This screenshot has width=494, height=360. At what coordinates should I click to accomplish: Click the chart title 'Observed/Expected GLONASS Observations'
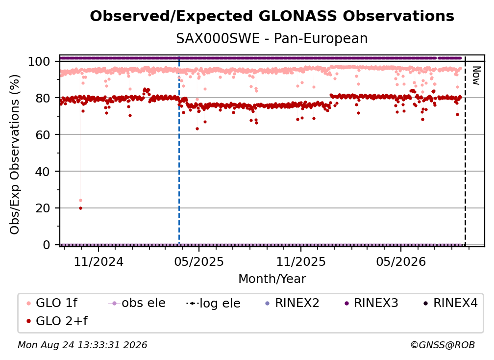(272, 16)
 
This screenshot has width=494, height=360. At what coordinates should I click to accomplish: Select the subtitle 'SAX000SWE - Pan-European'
(272, 39)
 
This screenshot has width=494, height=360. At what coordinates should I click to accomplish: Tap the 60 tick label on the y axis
(43, 135)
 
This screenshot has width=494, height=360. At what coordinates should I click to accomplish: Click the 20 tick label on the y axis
(43, 208)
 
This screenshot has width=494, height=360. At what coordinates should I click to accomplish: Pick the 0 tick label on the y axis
(46, 245)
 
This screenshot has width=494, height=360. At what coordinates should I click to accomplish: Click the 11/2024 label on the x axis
(99, 261)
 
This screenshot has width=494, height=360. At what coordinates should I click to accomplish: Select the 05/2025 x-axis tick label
(199, 261)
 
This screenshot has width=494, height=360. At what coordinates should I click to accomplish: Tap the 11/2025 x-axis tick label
(301, 261)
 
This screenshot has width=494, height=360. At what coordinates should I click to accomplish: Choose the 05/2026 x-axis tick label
(401, 261)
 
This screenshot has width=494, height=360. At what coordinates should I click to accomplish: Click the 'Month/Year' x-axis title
(272, 279)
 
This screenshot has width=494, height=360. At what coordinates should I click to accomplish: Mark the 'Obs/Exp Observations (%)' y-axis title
(15, 154)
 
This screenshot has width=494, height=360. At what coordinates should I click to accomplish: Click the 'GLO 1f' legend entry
(52, 303)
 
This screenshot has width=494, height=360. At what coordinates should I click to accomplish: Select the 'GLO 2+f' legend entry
(57, 321)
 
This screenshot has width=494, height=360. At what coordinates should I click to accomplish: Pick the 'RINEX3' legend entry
(371, 303)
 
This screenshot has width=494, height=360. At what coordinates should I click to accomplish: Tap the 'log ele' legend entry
(213, 304)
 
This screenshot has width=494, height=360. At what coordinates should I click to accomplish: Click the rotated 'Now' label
(476, 76)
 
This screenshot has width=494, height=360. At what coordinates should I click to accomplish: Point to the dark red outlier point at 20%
(81, 208)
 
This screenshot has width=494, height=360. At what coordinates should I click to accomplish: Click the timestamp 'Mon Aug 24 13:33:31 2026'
(82, 345)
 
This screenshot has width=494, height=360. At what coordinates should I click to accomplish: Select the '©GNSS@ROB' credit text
(443, 345)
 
